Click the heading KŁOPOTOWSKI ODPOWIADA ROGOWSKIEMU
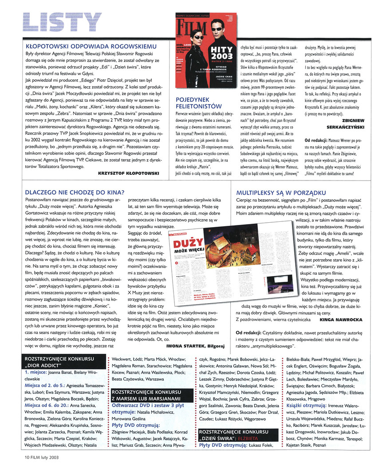[91, 46]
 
